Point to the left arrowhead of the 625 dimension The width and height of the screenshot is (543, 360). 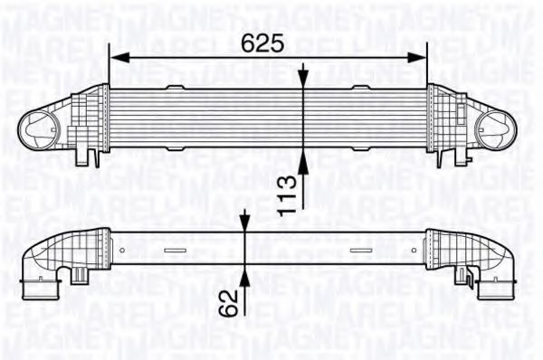click(115, 57)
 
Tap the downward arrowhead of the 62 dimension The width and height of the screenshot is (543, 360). click(246, 221)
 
